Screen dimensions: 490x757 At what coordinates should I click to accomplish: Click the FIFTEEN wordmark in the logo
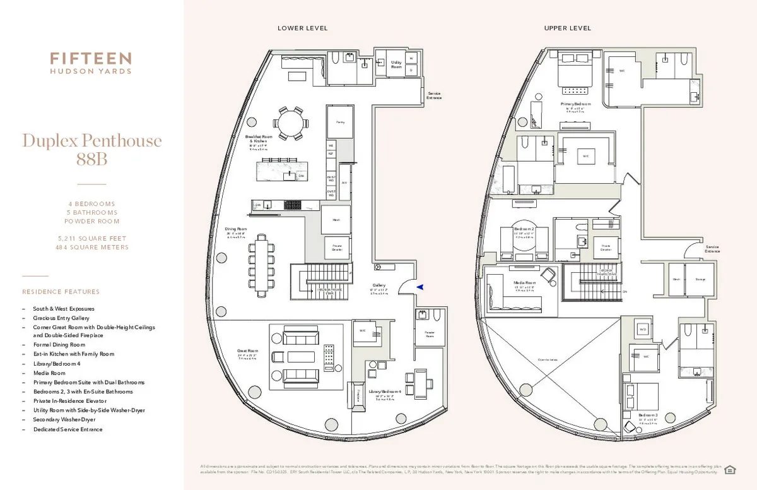(91, 59)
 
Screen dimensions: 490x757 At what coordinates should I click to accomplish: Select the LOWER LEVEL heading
(303, 28)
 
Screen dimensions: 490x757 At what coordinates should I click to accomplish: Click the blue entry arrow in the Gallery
(420, 287)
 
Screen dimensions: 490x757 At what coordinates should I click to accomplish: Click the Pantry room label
(339, 121)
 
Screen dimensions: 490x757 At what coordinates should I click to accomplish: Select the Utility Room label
(396, 64)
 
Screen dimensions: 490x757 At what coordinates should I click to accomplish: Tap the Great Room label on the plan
(248, 350)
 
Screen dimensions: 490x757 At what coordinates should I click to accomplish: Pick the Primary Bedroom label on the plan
(575, 104)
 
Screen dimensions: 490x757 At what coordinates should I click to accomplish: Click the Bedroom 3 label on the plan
(648, 415)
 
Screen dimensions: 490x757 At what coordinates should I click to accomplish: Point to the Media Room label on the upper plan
(525, 283)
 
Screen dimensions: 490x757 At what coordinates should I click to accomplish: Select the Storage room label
(700, 279)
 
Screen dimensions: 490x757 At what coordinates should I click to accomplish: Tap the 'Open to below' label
(548, 360)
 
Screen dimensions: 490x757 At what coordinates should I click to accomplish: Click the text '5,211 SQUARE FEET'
(91, 239)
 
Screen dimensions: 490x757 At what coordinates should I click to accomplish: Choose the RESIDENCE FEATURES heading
(61, 292)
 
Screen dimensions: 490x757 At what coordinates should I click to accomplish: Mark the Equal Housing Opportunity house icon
(730, 469)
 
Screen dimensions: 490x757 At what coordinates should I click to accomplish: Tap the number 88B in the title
(91, 160)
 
